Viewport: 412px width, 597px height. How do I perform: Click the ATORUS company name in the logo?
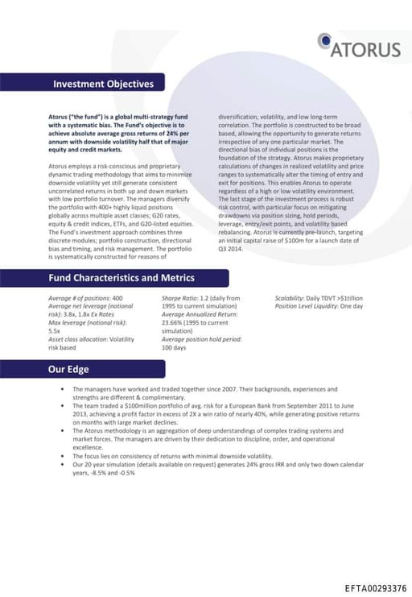click(x=366, y=49)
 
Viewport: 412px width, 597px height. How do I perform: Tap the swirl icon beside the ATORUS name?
click(x=324, y=40)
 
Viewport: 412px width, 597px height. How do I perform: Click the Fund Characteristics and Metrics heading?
click(x=122, y=278)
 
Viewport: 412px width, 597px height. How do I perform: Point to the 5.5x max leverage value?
click(x=55, y=330)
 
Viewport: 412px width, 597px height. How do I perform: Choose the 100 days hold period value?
click(x=174, y=347)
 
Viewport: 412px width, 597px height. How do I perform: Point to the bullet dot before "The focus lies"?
click(x=63, y=456)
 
